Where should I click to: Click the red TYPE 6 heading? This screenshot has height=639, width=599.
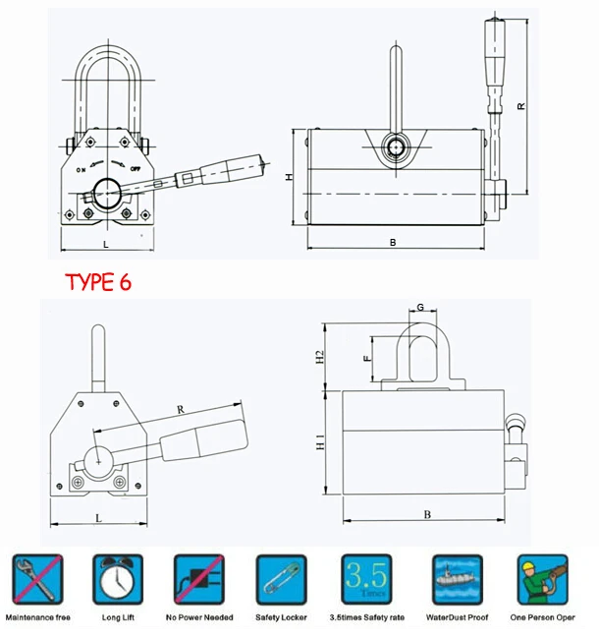click(97, 282)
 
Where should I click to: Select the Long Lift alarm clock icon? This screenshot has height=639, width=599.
click(119, 579)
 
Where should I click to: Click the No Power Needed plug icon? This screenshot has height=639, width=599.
click(200, 579)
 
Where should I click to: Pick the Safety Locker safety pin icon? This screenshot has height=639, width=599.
click(282, 579)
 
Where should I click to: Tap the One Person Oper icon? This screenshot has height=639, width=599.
click(543, 579)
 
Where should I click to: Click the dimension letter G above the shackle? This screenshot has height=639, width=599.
click(420, 308)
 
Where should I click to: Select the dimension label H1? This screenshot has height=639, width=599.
click(319, 445)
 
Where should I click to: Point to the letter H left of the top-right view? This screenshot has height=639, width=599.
click(289, 177)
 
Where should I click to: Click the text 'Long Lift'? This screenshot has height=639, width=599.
click(119, 617)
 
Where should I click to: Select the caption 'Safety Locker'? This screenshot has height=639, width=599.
click(282, 617)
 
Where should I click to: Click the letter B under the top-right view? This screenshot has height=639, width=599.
click(393, 241)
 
